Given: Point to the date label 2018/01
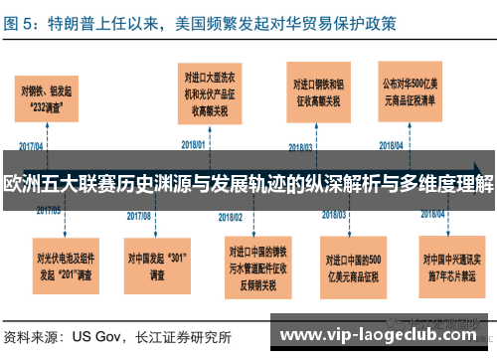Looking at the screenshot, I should point(195,144).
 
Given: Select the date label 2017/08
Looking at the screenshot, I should point(139,213).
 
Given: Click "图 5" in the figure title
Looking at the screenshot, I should point(22,20).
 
